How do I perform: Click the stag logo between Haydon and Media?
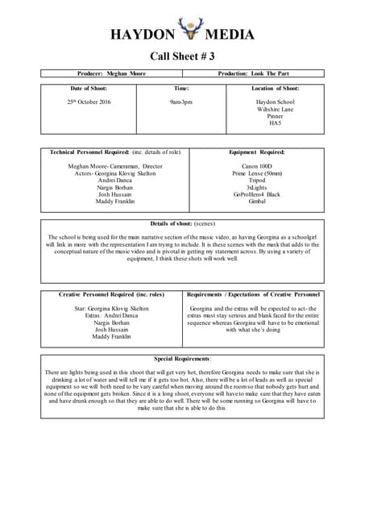pyautogui.click(x=191, y=30)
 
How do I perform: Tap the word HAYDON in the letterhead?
pyautogui.click(x=143, y=35)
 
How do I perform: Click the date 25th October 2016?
pyautogui.click(x=89, y=102)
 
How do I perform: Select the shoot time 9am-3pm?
pyautogui.click(x=181, y=102)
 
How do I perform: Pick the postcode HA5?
pyautogui.click(x=275, y=123)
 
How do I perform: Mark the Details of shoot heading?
pyautogui.click(x=182, y=223)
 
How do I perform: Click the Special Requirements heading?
pyautogui.click(x=183, y=358)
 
